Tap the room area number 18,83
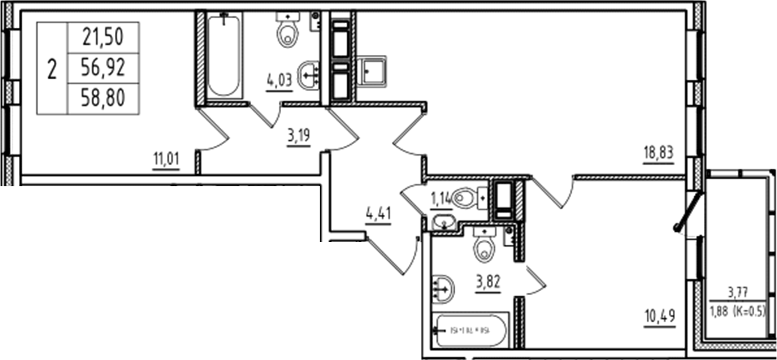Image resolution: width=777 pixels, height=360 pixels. point(658,152)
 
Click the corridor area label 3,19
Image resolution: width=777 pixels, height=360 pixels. point(298,136)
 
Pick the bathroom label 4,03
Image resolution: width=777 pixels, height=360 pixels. point(279,81)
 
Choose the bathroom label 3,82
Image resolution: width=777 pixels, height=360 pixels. point(488,282)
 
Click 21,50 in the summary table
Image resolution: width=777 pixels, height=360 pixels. point(103,38)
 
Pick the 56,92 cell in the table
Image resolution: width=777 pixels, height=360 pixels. point(103,68)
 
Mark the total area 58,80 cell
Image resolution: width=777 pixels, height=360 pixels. point(103,99)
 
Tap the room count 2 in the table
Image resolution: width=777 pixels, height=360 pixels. point(52,70)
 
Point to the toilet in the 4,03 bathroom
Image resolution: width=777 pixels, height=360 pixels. point(287,32)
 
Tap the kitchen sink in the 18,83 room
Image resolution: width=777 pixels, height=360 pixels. point(370,70)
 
